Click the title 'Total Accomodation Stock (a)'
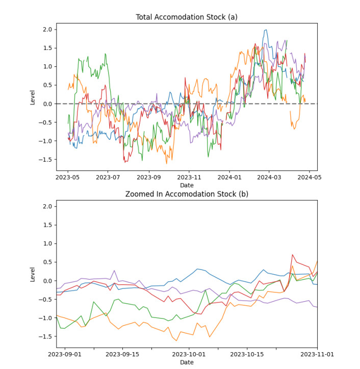tap(187, 17)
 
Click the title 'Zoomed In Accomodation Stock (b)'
tap(187, 194)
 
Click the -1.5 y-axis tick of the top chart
tap(46, 159)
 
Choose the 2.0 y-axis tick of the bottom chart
tap(48, 206)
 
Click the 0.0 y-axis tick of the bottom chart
tap(48, 281)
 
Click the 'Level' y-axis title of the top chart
tap(33, 97)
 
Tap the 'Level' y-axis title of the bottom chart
tap(33, 274)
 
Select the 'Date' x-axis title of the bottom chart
tap(187, 362)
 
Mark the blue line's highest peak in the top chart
tap(266, 30)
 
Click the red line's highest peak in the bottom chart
tap(293, 254)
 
